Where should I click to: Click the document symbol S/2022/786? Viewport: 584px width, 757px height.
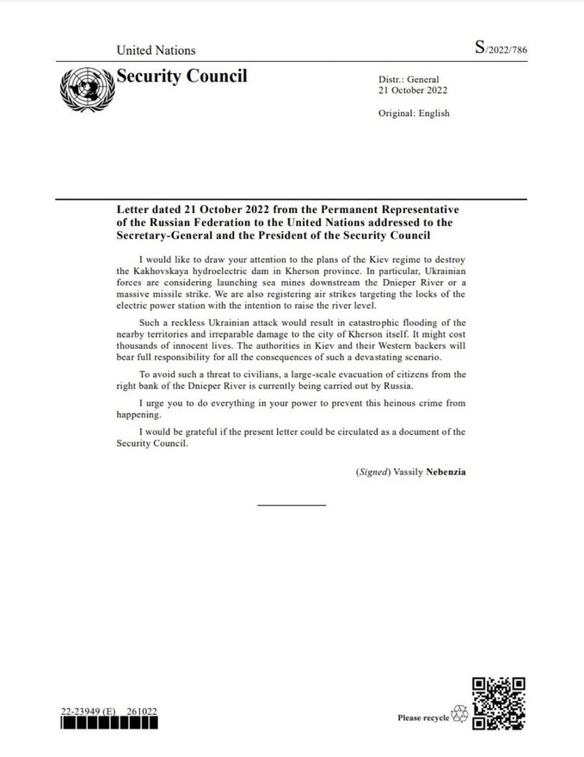[x=501, y=49]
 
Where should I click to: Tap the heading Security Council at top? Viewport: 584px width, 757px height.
[x=181, y=76]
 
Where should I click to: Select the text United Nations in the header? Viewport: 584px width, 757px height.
[x=156, y=51]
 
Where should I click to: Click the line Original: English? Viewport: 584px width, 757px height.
[x=414, y=113]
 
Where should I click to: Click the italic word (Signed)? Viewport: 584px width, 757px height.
[x=374, y=472]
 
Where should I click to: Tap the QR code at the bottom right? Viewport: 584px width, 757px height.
[x=499, y=703]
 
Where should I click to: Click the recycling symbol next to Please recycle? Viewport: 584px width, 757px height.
[x=460, y=715]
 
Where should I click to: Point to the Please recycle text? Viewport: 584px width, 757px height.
[x=423, y=717]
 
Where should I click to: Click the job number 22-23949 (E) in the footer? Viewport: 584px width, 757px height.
[x=88, y=712]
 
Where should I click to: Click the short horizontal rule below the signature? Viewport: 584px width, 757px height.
[x=292, y=504]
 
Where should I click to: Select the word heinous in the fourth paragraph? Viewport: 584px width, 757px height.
[x=403, y=402]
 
